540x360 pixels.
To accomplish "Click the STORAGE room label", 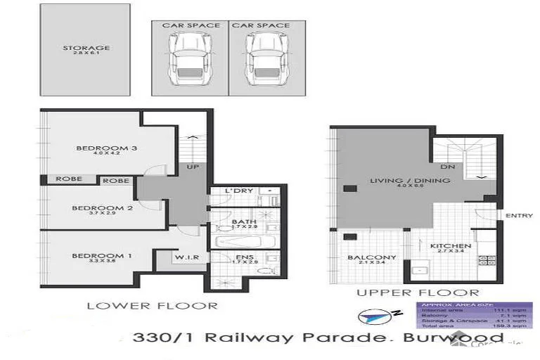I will point(86,49).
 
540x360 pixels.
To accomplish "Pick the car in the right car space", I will point(262,61).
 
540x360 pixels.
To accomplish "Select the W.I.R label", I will point(188,257).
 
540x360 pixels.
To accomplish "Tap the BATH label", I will point(244,222).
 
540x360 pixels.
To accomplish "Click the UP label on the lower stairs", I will point(192,167).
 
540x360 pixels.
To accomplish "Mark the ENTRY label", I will point(519,215).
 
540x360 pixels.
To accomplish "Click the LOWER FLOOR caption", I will point(151,305).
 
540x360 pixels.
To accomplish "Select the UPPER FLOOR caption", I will point(418,292).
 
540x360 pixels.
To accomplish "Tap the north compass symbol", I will point(373,316).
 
